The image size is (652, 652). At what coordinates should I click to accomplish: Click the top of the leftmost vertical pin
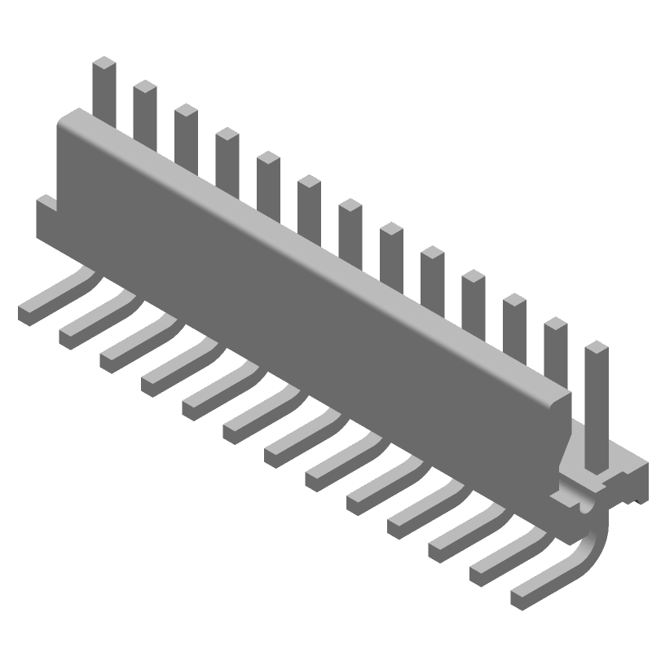tap(104, 64)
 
